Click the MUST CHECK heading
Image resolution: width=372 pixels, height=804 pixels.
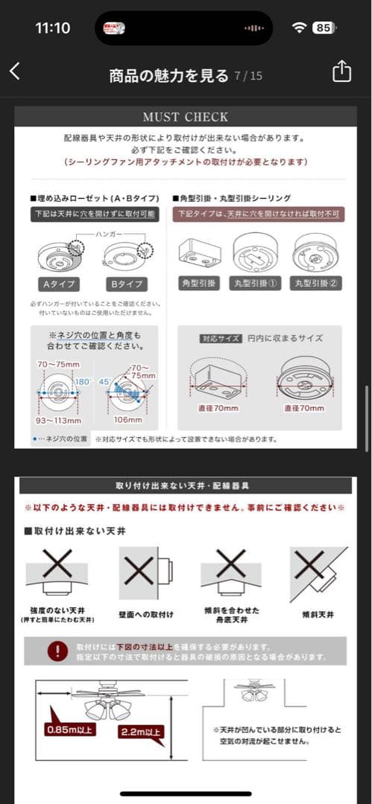click(x=186, y=117)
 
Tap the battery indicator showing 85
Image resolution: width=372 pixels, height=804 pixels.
click(x=324, y=28)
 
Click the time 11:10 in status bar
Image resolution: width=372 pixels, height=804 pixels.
click(x=52, y=28)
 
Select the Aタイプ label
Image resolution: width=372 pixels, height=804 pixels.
click(x=58, y=284)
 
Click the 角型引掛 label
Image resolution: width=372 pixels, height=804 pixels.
click(x=199, y=284)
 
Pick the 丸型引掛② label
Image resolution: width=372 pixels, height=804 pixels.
click(x=316, y=284)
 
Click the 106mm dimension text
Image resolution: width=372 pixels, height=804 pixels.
click(x=129, y=419)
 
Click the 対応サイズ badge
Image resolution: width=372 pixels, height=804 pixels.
click(x=221, y=338)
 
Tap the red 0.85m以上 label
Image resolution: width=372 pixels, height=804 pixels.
click(x=70, y=729)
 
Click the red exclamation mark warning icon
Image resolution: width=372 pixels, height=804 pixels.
click(x=57, y=651)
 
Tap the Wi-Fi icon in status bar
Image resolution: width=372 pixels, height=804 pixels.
click(x=300, y=28)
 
